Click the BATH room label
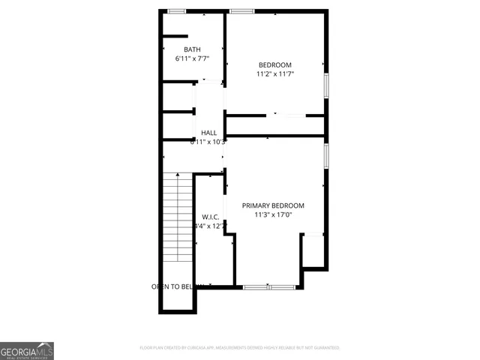(x=192, y=49)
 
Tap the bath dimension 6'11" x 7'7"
(x=192, y=58)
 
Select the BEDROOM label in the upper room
(x=275, y=64)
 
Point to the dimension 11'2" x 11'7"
(x=275, y=73)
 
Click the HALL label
(x=208, y=133)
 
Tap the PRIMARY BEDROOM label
(x=273, y=205)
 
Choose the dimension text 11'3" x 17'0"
(x=273, y=214)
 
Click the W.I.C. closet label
(x=210, y=217)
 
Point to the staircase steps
(x=178, y=217)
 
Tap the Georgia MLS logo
(x=26, y=350)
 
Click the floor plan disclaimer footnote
(x=240, y=348)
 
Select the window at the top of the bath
(x=177, y=10)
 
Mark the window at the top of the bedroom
(x=241, y=10)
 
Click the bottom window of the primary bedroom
(x=269, y=286)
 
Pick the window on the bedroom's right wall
(x=326, y=85)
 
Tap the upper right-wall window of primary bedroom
(x=326, y=154)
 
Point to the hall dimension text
(x=208, y=141)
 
